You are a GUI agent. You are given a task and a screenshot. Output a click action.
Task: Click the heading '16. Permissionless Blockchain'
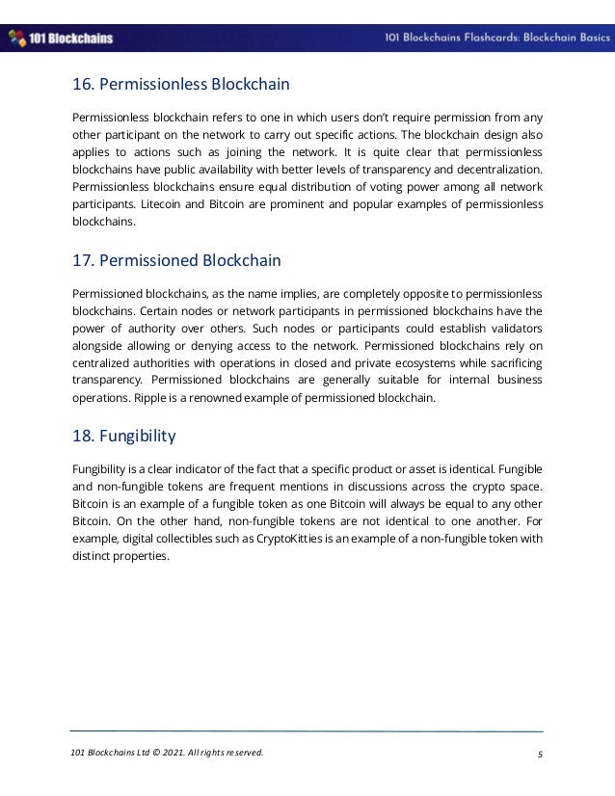pos(180,85)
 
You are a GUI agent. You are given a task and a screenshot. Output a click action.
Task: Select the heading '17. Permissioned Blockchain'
pos(176,260)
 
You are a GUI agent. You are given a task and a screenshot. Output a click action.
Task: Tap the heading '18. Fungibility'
pos(124,436)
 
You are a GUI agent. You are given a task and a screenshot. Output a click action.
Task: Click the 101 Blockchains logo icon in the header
pos(16,39)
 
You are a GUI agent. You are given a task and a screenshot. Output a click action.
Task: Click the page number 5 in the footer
pos(540,753)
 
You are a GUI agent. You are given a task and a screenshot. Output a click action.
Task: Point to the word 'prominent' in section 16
pos(334,204)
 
